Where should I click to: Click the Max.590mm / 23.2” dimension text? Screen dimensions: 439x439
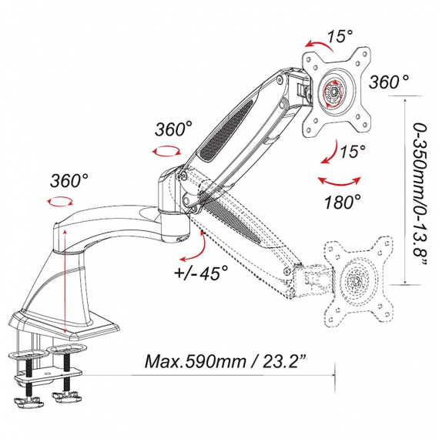coord(225,361)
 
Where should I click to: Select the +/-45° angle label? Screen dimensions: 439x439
coord(201,273)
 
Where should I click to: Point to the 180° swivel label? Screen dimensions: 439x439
coord(343,202)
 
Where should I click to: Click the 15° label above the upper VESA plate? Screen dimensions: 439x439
coord(340,36)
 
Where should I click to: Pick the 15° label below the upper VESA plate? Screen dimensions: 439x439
coord(353,151)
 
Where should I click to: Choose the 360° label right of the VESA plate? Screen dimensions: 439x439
coord(389,82)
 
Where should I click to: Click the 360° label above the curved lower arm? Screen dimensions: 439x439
coord(69,180)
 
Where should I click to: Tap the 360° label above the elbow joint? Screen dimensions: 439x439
coord(173,129)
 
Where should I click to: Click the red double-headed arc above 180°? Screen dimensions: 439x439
coord(339,183)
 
